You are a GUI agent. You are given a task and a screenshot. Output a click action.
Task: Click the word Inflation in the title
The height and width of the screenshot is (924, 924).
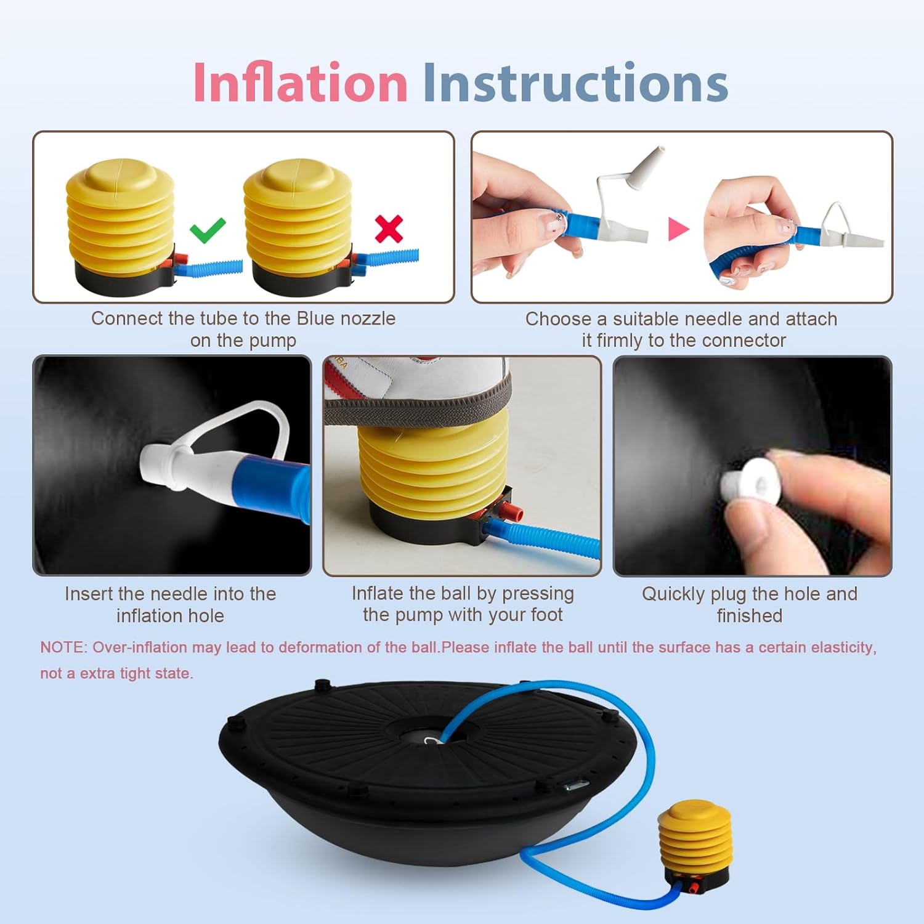pos(300,83)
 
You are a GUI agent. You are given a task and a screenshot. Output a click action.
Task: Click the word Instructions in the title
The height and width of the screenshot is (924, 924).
pos(575,83)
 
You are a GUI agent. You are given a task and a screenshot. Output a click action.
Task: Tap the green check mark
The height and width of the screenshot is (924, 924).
pos(208,230)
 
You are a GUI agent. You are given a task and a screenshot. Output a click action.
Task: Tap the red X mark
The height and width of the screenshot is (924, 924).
pos(389,229)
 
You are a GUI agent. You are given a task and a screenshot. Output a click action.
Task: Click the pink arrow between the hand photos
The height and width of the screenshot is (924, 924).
pos(678,229)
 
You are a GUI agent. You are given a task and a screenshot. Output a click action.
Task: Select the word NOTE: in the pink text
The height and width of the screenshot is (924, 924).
pos(63,647)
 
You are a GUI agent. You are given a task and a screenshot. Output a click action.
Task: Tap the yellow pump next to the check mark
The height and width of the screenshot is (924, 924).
pos(120,219)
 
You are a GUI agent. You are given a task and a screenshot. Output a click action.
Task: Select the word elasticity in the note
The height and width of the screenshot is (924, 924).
pos(843,647)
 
